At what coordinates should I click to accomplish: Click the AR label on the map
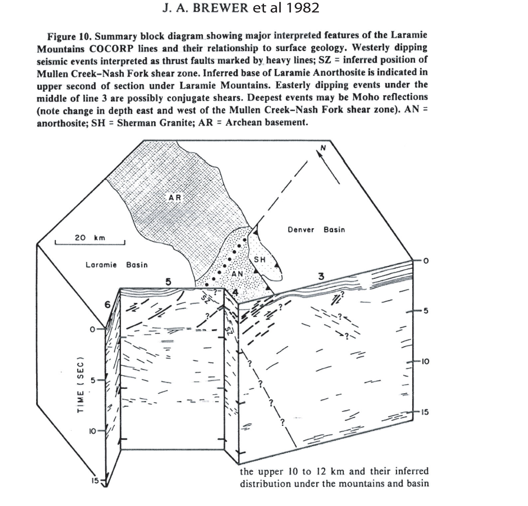point(175,198)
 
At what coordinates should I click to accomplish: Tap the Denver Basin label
point(316,230)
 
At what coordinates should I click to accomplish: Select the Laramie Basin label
point(116,265)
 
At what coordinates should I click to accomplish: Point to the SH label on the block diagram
point(260,259)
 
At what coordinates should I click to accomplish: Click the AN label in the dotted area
point(237,274)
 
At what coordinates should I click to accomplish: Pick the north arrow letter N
point(323,148)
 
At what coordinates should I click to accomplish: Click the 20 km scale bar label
point(90,238)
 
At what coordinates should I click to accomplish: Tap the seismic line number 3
point(321,276)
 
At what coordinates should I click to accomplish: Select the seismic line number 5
point(168,282)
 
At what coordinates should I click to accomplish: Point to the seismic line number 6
point(108,305)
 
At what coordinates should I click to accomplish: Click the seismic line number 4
point(235,293)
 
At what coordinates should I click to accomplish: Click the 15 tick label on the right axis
point(425,412)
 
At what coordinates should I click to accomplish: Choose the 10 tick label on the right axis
point(425,361)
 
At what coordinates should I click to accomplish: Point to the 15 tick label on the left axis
point(95,480)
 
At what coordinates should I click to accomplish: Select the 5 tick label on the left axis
point(93,380)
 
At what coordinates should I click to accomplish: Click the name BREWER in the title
point(220,8)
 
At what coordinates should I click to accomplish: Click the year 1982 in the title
point(302,8)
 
